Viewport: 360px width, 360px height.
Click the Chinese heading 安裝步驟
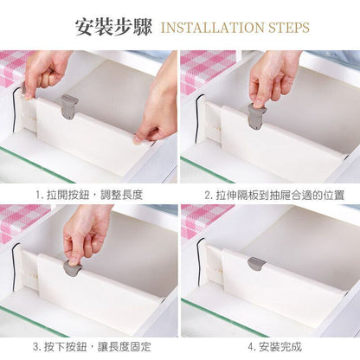click(113, 28)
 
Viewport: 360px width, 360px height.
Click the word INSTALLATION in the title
click(212, 28)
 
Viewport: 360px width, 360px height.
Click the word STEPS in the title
click(289, 28)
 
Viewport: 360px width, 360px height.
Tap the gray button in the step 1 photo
click(69, 106)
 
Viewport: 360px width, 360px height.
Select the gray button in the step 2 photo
click(256, 117)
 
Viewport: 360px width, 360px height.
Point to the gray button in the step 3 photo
click(72, 267)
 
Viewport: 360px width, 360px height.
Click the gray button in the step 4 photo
click(256, 264)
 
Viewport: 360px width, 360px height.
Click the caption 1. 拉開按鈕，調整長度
click(89, 196)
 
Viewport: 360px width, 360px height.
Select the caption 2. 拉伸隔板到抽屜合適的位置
click(274, 196)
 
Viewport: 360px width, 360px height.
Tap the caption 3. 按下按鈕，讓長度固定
click(92, 346)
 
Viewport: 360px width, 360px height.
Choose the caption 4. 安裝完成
click(274, 346)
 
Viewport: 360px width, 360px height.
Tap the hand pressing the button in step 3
click(87, 231)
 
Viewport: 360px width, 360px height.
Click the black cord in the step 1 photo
click(14, 110)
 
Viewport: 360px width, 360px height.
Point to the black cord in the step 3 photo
click(15, 268)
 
